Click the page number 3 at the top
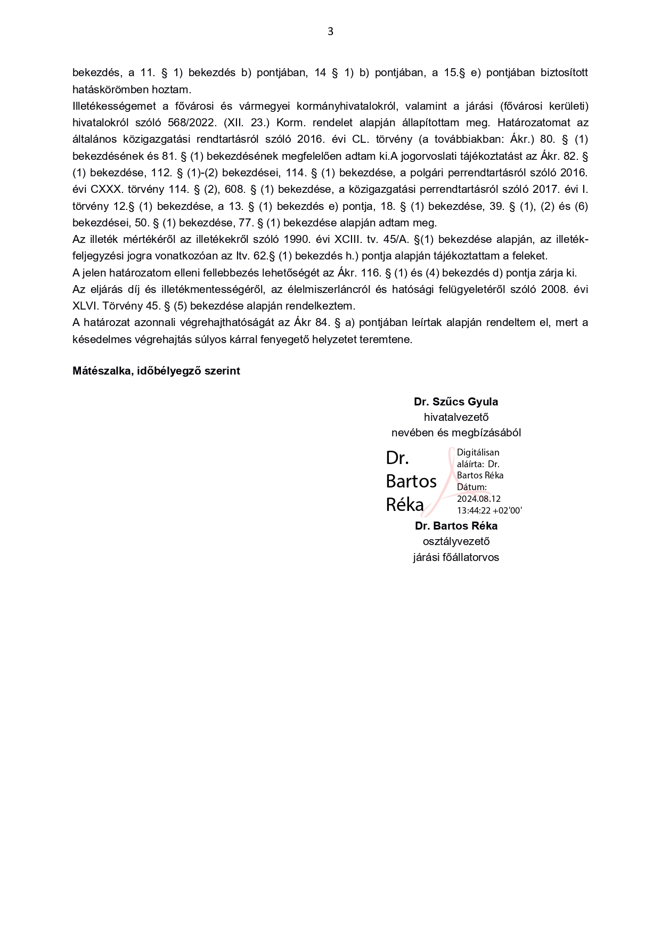pyautogui.click(x=330, y=31)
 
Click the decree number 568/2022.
pyautogui.click(x=192, y=123)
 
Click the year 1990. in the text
pyautogui.click(x=297, y=239)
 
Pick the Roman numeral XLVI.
pyautogui.click(x=85, y=306)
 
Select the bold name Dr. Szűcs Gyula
pyautogui.click(x=456, y=402)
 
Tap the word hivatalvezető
pyautogui.click(x=456, y=417)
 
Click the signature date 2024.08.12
pyautogui.click(x=479, y=499)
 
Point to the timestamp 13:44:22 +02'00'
pyautogui.click(x=489, y=510)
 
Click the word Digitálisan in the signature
pyautogui.click(x=478, y=452)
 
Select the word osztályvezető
pyautogui.click(x=456, y=541)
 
